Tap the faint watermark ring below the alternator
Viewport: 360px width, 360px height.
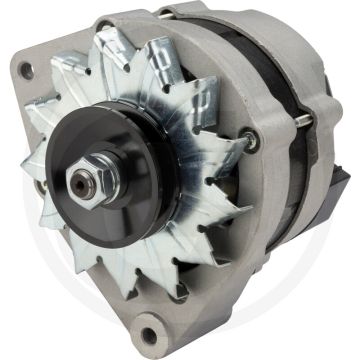coord(180,345)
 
